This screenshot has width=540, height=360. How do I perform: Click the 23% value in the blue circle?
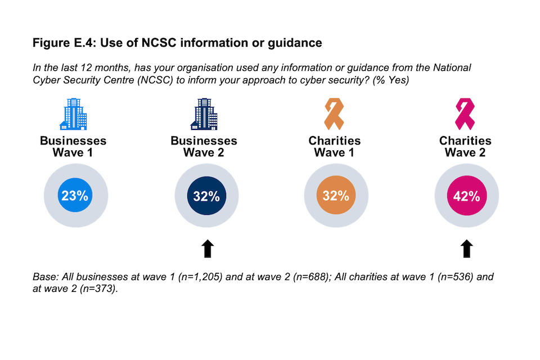click(x=75, y=196)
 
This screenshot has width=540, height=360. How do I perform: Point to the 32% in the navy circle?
click(x=206, y=196)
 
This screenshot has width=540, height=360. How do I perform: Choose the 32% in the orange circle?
click(x=336, y=196)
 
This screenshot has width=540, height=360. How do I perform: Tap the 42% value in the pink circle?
click(x=466, y=196)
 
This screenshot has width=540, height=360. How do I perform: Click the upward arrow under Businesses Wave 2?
click(x=206, y=248)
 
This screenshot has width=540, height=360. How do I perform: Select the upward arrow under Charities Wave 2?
click(x=466, y=248)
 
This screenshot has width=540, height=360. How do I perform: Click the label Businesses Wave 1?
click(x=73, y=147)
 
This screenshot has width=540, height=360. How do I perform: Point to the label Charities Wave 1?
click(x=335, y=147)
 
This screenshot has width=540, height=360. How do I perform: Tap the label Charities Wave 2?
click(x=465, y=147)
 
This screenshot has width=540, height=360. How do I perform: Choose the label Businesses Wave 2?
click(x=204, y=147)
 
